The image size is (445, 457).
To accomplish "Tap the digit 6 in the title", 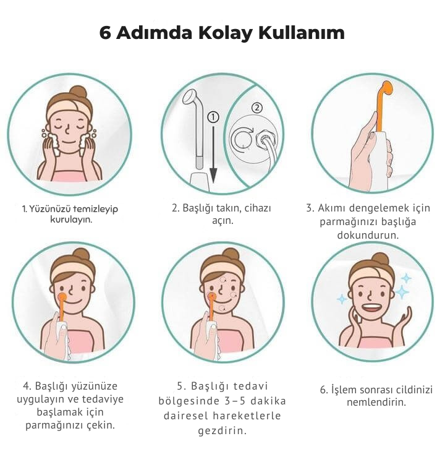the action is point(105,33).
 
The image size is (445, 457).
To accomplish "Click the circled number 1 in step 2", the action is point(213,117).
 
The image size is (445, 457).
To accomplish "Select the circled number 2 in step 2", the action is point(256,108).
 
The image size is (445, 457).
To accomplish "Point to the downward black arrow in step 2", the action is point(213,155).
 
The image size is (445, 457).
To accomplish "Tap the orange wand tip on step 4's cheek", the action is point(62,297).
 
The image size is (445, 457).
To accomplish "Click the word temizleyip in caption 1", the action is point(95,209).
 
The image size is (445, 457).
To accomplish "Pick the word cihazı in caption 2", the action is point(258,208).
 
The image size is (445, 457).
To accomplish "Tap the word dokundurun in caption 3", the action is point(368,235).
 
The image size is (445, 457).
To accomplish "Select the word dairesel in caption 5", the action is point(185,416).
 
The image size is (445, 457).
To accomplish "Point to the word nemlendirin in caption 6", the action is point(376,402).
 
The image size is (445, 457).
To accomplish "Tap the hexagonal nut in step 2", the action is point(264,140).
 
